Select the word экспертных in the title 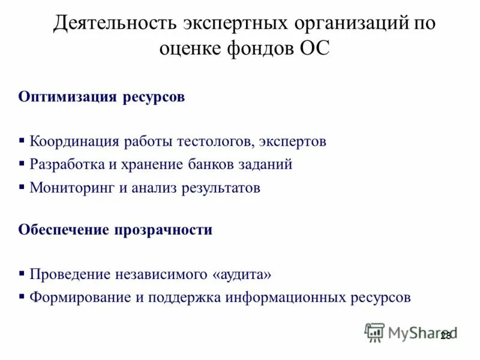pos(226,24)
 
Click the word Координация pos(75,142)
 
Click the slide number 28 pos(445,336)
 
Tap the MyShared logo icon pos(374,332)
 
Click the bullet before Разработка pos(22,163)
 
